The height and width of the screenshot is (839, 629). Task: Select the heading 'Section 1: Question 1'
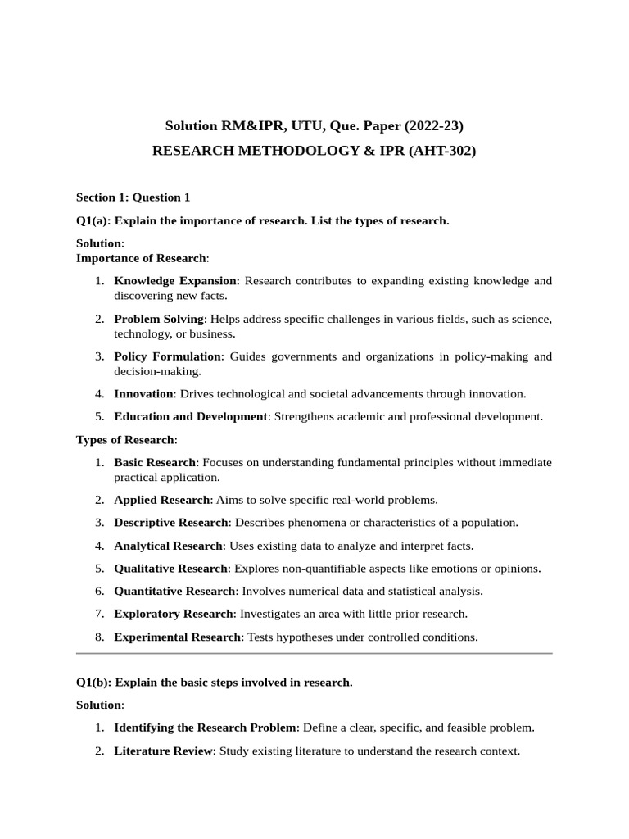[133, 197]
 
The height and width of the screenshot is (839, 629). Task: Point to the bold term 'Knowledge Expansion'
[174, 281]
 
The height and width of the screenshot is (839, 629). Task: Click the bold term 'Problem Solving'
[158, 319]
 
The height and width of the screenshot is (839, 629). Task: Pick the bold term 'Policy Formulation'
[167, 356]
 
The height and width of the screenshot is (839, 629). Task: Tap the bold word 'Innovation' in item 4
[143, 394]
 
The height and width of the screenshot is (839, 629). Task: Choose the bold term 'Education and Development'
[190, 416]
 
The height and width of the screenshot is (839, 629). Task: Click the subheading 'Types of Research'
[124, 440]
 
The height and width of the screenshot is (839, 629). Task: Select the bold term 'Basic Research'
[155, 463]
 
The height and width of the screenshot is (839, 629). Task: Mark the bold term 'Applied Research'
[161, 500]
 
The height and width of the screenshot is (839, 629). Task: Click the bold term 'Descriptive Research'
[171, 523]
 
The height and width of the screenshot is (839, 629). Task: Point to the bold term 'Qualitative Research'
[170, 569]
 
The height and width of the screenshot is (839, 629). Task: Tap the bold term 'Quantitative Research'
[174, 591]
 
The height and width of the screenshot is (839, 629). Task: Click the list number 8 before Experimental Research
[98, 637]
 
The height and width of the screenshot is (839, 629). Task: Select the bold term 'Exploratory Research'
[173, 614]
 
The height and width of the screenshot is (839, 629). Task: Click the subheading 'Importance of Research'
[141, 258]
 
